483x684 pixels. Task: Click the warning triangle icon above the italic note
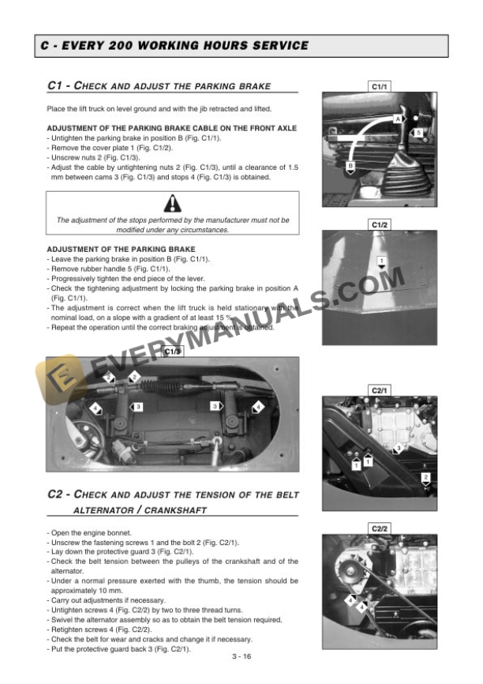[172, 204]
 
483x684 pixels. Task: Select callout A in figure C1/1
[398, 118]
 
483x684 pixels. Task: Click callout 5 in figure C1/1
[418, 132]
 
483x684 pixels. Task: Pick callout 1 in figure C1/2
[381, 261]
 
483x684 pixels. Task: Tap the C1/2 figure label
[380, 225]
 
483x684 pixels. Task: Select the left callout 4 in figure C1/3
[95, 408]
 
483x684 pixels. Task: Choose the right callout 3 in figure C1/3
[215, 406]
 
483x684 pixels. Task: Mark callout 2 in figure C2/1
[425, 478]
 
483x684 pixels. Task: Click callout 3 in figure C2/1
[399, 448]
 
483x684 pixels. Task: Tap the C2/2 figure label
[380, 528]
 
